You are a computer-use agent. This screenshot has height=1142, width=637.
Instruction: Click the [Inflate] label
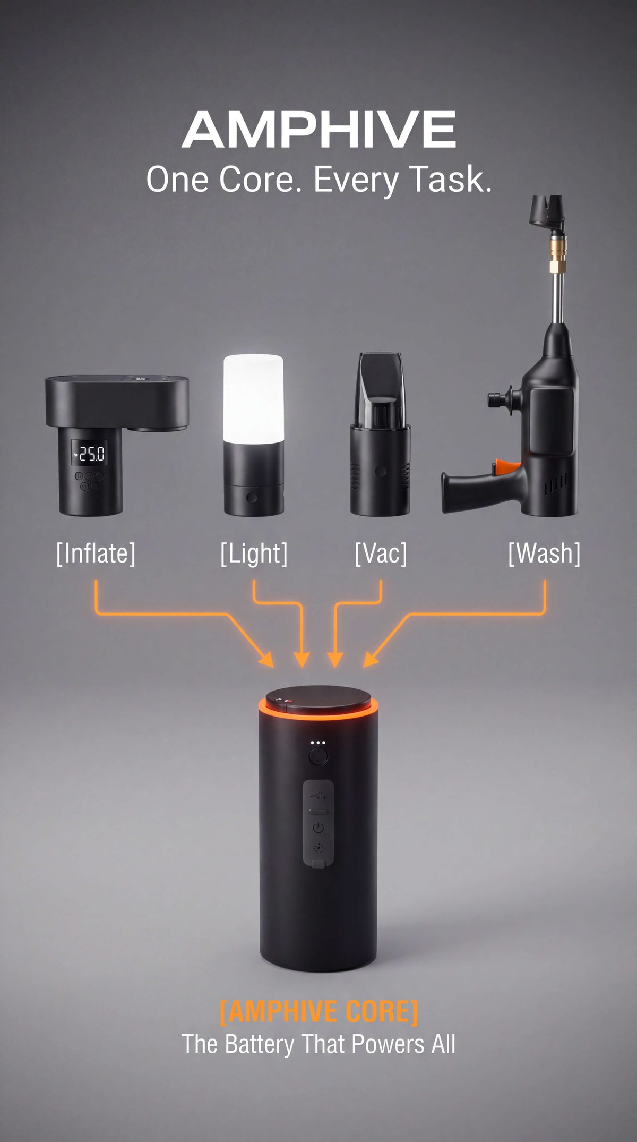(x=96, y=553)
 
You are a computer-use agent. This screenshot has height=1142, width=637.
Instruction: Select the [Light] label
(x=254, y=554)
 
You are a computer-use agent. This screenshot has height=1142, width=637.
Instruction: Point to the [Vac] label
(x=381, y=553)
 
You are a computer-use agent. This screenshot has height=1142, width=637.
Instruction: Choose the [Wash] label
(x=544, y=553)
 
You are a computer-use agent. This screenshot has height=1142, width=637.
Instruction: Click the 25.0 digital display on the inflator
(x=90, y=454)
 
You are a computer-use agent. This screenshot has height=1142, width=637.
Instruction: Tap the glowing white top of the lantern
(x=253, y=398)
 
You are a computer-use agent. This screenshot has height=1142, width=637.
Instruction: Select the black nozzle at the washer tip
(x=546, y=212)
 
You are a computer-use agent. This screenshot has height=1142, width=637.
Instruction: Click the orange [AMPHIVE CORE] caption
(x=318, y=1011)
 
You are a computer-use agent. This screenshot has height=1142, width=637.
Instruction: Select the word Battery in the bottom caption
(x=260, y=1044)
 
